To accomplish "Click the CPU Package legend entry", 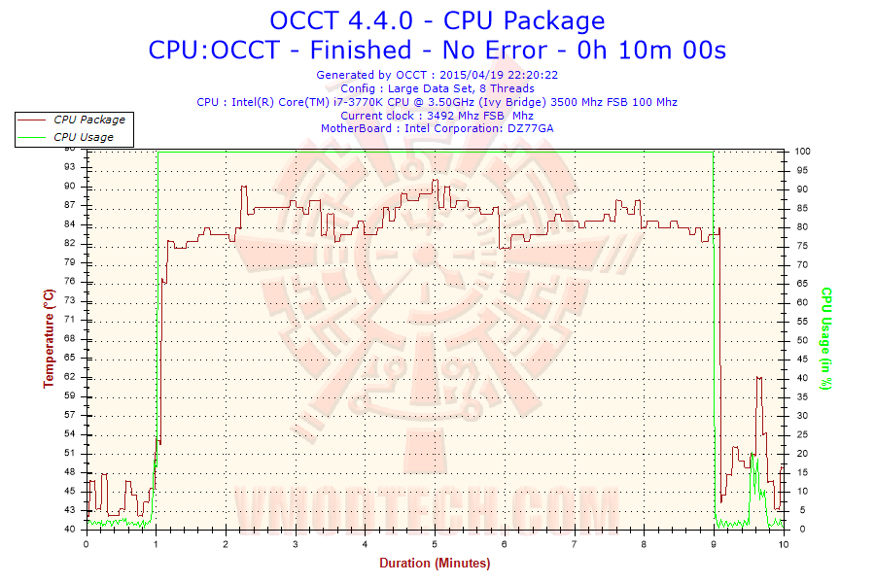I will tap(88, 120).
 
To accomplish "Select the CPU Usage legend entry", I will tap(84, 137).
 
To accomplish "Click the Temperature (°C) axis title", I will tap(48, 338).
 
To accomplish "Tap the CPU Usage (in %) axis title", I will tap(826, 338).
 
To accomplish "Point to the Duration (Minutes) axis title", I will tap(436, 563).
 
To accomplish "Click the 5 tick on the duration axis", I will tap(435, 543).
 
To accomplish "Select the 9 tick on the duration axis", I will tap(715, 543).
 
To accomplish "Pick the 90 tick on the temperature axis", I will tap(70, 187).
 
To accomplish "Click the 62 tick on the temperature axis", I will tap(70, 376).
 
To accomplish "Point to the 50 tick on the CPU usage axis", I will tap(800, 340).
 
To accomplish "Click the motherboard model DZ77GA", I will tap(531, 128).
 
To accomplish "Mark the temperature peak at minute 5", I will tap(436, 181).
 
